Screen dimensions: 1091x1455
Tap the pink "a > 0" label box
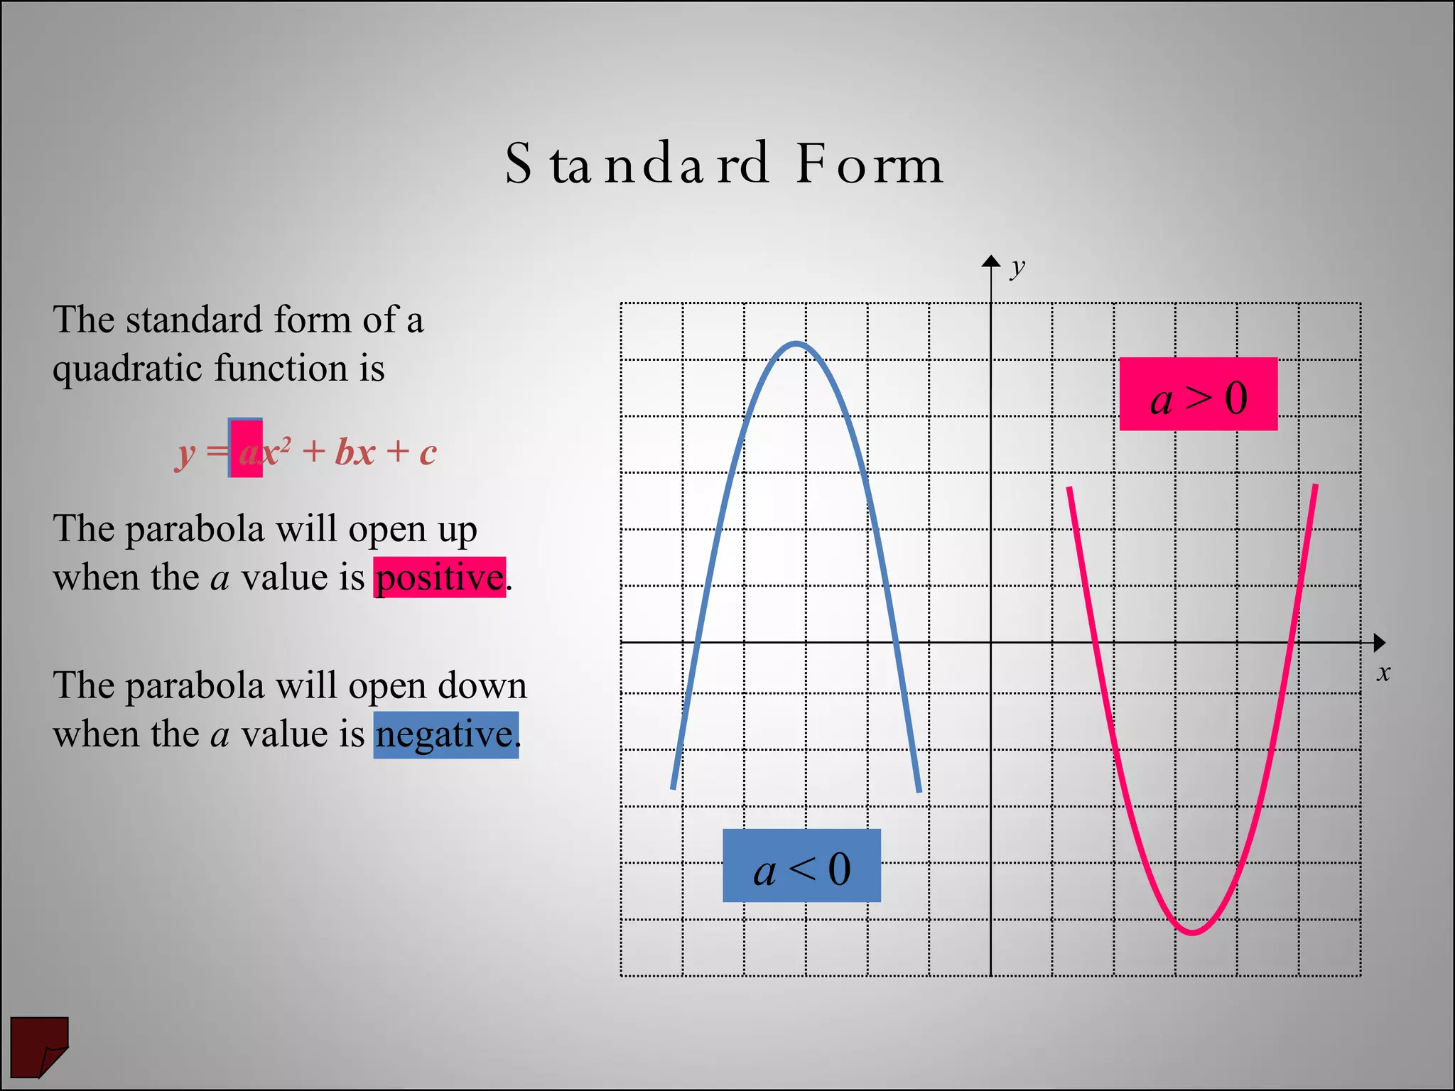click(1198, 394)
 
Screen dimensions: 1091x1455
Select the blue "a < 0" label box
click(801, 866)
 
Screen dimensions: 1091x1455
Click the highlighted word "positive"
click(440, 577)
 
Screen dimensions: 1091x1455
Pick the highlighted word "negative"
click(445, 735)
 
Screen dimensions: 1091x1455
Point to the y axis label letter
click(1018, 267)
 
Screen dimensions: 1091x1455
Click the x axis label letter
click(1383, 673)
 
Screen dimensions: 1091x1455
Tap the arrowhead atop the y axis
click(991, 261)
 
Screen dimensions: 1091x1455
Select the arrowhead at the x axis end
click(1379, 643)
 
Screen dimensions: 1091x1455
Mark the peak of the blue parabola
click(796, 344)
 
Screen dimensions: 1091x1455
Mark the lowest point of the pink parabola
click(1193, 932)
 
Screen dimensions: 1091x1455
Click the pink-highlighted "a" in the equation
click(247, 452)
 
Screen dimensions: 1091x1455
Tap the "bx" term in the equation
click(355, 452)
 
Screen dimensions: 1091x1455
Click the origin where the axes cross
click(991, 643)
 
